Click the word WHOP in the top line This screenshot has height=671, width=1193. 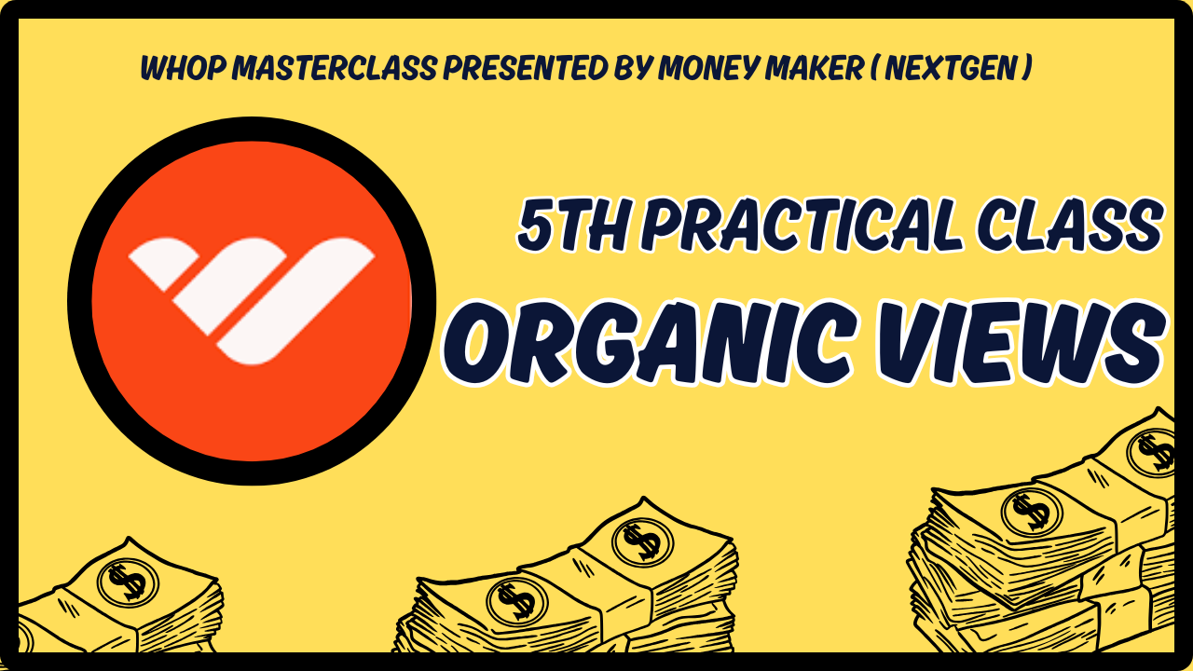point(184,68)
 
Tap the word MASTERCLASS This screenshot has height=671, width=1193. point(335,68)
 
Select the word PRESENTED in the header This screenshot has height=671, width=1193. point(525,68)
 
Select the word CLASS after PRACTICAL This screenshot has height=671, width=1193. point(1068,225)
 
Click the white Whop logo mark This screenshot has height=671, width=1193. point(252,301)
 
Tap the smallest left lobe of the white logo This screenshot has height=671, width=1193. point(163,264)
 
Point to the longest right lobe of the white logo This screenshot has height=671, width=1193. point(295,301)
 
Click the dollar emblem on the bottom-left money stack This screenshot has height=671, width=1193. point(128,582)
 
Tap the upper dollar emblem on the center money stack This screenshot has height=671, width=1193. point(643,541)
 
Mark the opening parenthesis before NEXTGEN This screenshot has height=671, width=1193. point(874,68)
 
